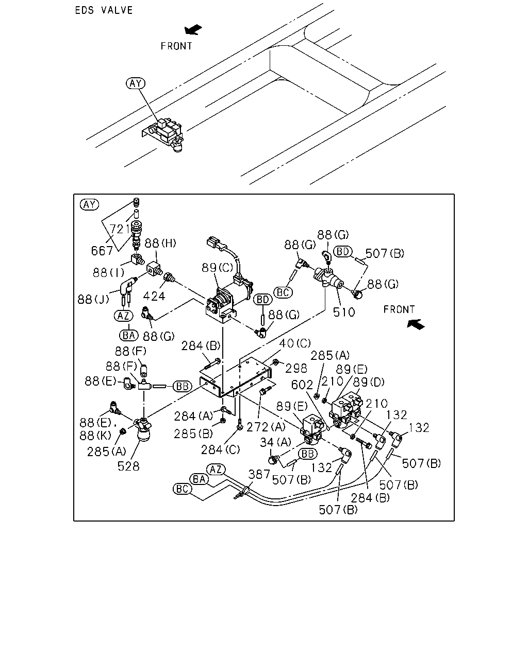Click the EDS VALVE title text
[x=104, y=10]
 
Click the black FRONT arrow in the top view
[x=193, y=29]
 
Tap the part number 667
[x=102, y=251]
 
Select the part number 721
[x=120, y=229]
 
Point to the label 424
[x=154, y=296]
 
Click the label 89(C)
[x=217, y=268]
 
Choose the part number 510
[x=343, y=312]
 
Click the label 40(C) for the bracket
[x=295, y=343]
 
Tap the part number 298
[x=296, y=369]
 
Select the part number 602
[x=302, y=385]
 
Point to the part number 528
[x=128, y=466]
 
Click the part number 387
[x=259, y=474]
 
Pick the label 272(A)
[x=266, y=427]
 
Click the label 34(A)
[x=275, y=442]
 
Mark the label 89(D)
[x=369, y=382]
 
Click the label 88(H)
[x=160, y=243]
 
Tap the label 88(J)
[x=93, y=299]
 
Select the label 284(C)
[x=220, y=449]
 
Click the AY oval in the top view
[x=136, y=83]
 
